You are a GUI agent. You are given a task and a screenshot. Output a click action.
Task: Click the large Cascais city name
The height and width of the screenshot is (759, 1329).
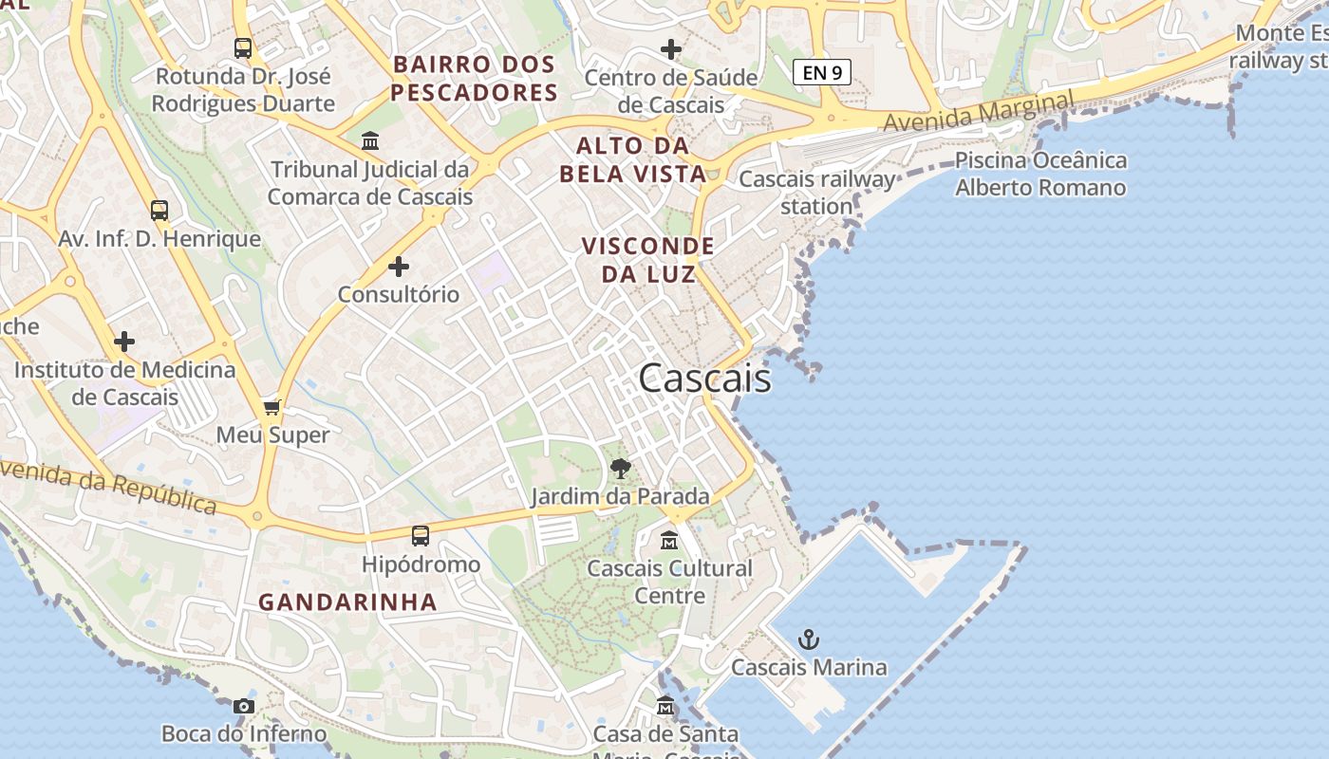[704, 379]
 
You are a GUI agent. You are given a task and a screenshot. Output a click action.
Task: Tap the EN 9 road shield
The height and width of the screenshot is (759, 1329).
[822, 72]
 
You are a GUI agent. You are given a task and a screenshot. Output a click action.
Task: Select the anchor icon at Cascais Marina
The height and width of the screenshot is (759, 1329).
[808, 639]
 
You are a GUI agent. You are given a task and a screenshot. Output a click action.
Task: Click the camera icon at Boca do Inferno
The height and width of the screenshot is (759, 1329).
[244, 706]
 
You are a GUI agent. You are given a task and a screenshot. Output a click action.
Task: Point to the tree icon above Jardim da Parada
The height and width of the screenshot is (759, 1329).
[620, 468]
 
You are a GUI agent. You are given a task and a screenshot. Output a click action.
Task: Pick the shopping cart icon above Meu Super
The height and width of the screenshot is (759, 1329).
[272, 408]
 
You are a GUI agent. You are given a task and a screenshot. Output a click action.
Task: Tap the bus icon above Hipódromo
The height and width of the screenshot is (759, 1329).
[421, 536]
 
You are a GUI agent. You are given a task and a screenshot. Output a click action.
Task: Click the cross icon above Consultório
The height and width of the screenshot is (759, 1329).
[399, 267]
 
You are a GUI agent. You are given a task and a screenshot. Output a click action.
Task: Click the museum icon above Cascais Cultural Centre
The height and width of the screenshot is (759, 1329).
[669, 541]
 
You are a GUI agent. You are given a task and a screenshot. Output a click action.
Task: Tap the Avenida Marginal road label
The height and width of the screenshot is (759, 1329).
[979, 112]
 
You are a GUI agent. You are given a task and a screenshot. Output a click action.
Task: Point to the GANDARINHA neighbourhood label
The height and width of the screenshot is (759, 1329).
[347, 602]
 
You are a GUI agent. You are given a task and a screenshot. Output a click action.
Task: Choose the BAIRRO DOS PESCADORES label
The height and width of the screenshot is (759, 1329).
[474, 79]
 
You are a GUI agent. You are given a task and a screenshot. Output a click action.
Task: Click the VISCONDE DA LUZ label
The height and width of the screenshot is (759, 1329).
[647, 260]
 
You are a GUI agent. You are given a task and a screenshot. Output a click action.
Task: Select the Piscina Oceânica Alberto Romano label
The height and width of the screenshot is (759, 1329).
[1040, 174]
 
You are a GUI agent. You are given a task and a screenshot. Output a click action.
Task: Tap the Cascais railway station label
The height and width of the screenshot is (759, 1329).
[816, 192]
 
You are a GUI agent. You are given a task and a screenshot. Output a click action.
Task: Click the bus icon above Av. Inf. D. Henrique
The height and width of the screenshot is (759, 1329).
[159, 211]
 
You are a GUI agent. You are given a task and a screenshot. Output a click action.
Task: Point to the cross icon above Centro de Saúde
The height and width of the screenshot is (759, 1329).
[671, 49]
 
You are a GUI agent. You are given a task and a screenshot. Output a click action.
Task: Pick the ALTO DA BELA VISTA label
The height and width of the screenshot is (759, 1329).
[632, 159]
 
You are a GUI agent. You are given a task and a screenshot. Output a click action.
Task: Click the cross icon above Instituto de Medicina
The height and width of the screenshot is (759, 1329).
[124, 342]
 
